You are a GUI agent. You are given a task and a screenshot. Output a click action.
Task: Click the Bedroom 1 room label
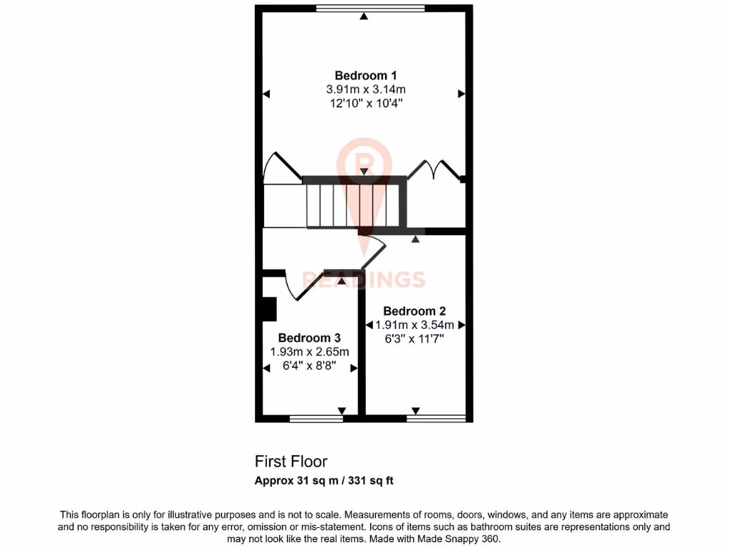(365, 75)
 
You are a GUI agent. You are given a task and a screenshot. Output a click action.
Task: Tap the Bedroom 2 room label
(414, 311)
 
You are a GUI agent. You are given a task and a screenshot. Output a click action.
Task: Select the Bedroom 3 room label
(310, 338)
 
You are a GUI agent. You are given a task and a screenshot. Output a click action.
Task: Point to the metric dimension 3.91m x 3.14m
(365, 89)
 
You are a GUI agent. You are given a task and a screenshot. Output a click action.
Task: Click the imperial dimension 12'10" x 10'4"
(365, 103)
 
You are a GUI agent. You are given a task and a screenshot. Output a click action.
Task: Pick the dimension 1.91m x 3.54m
(414, 325)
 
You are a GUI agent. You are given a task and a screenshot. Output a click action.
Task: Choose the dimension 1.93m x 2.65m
(310, 352)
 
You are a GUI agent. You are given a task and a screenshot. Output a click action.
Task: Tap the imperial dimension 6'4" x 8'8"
(310, 366)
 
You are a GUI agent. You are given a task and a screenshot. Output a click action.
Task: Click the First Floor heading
(290, 462)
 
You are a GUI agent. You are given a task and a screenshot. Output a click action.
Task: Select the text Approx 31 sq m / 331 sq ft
(324, 480)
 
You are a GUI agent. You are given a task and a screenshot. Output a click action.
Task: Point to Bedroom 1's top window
(370, 9)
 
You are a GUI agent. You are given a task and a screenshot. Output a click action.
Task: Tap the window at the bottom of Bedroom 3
(316, 418)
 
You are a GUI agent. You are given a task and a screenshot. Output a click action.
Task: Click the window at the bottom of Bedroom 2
(436, 418)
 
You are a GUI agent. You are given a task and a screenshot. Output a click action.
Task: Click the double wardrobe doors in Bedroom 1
(441, 170)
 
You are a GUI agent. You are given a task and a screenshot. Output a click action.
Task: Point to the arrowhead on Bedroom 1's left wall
(266, 93)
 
